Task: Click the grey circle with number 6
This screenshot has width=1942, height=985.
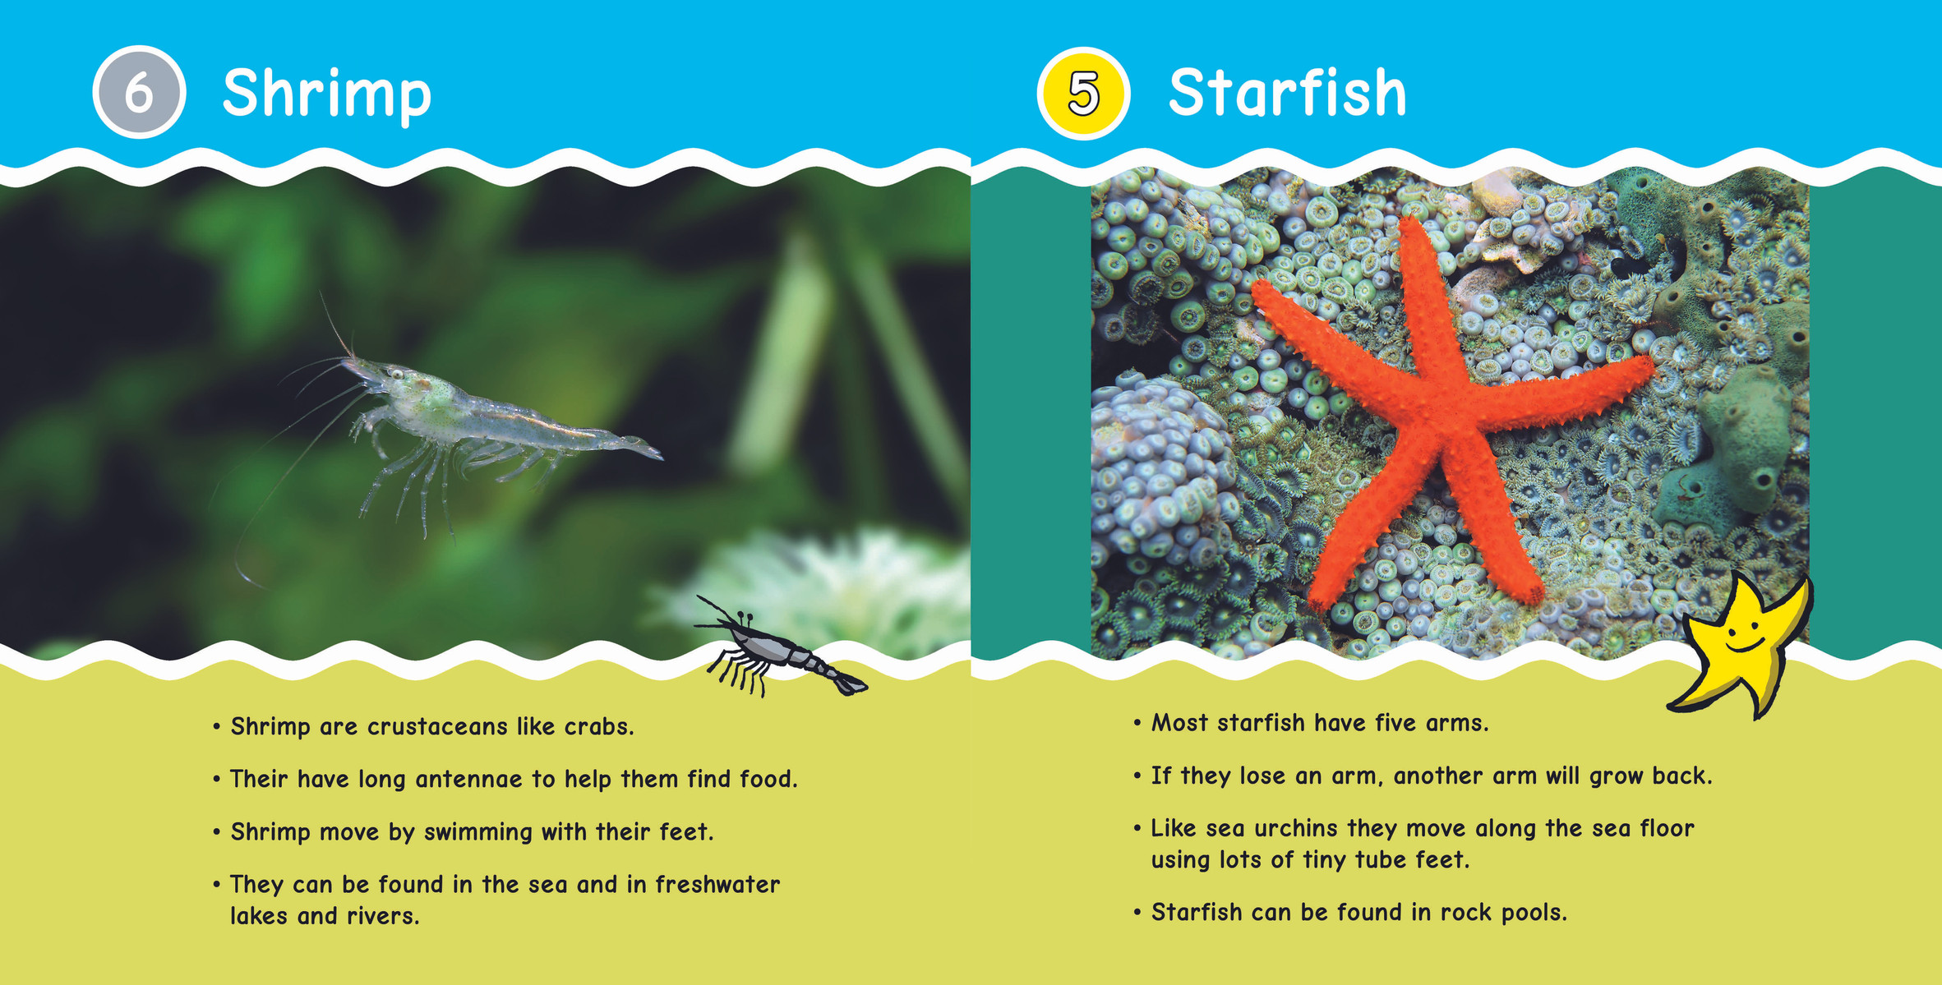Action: coord(139,92)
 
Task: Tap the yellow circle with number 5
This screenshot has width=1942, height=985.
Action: coord(1083,93)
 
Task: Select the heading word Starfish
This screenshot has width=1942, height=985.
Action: coord(1287,92)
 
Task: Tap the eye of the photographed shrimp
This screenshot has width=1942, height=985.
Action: coord(398,374)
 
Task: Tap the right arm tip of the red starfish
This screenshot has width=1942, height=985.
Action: coord(1650,366)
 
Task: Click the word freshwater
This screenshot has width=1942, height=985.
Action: coord(717,884)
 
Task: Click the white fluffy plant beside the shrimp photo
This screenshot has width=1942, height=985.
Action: coord(822,591)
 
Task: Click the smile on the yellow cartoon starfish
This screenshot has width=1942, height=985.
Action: coord(1744,646)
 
